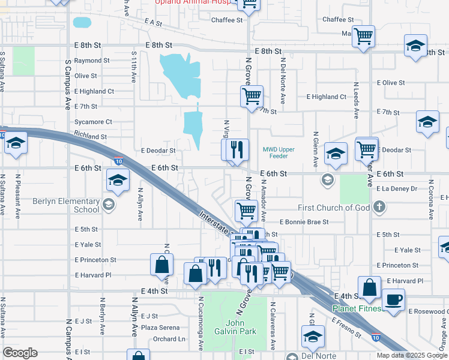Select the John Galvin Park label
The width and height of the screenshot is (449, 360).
236,327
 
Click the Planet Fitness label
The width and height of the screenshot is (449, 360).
357,309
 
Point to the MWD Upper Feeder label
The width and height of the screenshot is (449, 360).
279,152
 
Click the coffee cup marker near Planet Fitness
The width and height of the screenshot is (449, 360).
393,299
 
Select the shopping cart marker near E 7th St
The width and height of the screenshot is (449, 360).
252,96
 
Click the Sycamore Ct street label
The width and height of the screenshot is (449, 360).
93,122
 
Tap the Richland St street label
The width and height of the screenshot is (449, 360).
91,137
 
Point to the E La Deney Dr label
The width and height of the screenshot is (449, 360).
397,188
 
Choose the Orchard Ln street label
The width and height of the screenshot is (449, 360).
169,339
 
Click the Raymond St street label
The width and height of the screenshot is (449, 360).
92,61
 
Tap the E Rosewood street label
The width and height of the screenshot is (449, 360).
427,311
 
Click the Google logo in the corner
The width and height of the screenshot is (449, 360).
20,353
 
